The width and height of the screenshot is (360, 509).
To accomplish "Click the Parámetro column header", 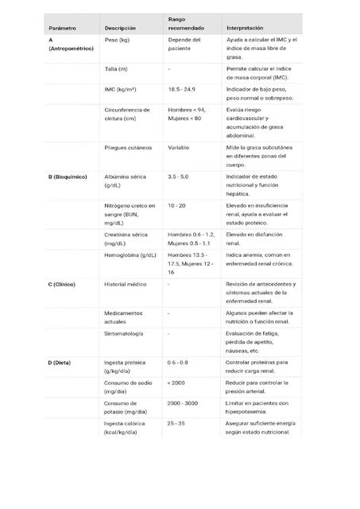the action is coord(62,28).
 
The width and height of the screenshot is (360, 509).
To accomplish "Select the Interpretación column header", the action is coord(246,28).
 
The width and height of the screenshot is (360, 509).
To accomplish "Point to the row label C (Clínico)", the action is coord(67,284).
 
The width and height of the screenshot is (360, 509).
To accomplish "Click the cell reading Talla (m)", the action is coord(117,69).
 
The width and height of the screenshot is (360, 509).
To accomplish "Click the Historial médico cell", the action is coord(126,284).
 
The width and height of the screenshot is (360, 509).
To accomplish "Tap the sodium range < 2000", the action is coord(176,383).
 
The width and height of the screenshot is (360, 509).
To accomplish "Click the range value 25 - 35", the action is coord(176,423).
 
